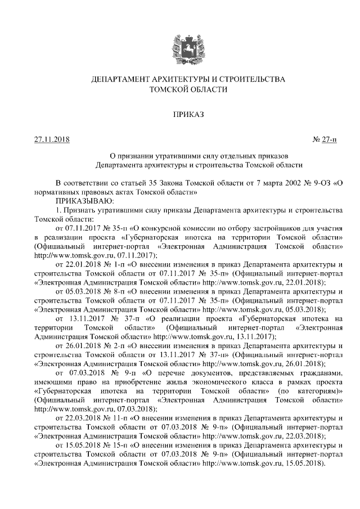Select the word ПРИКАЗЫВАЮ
pos(84,200)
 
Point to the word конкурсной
pos(168,228)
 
